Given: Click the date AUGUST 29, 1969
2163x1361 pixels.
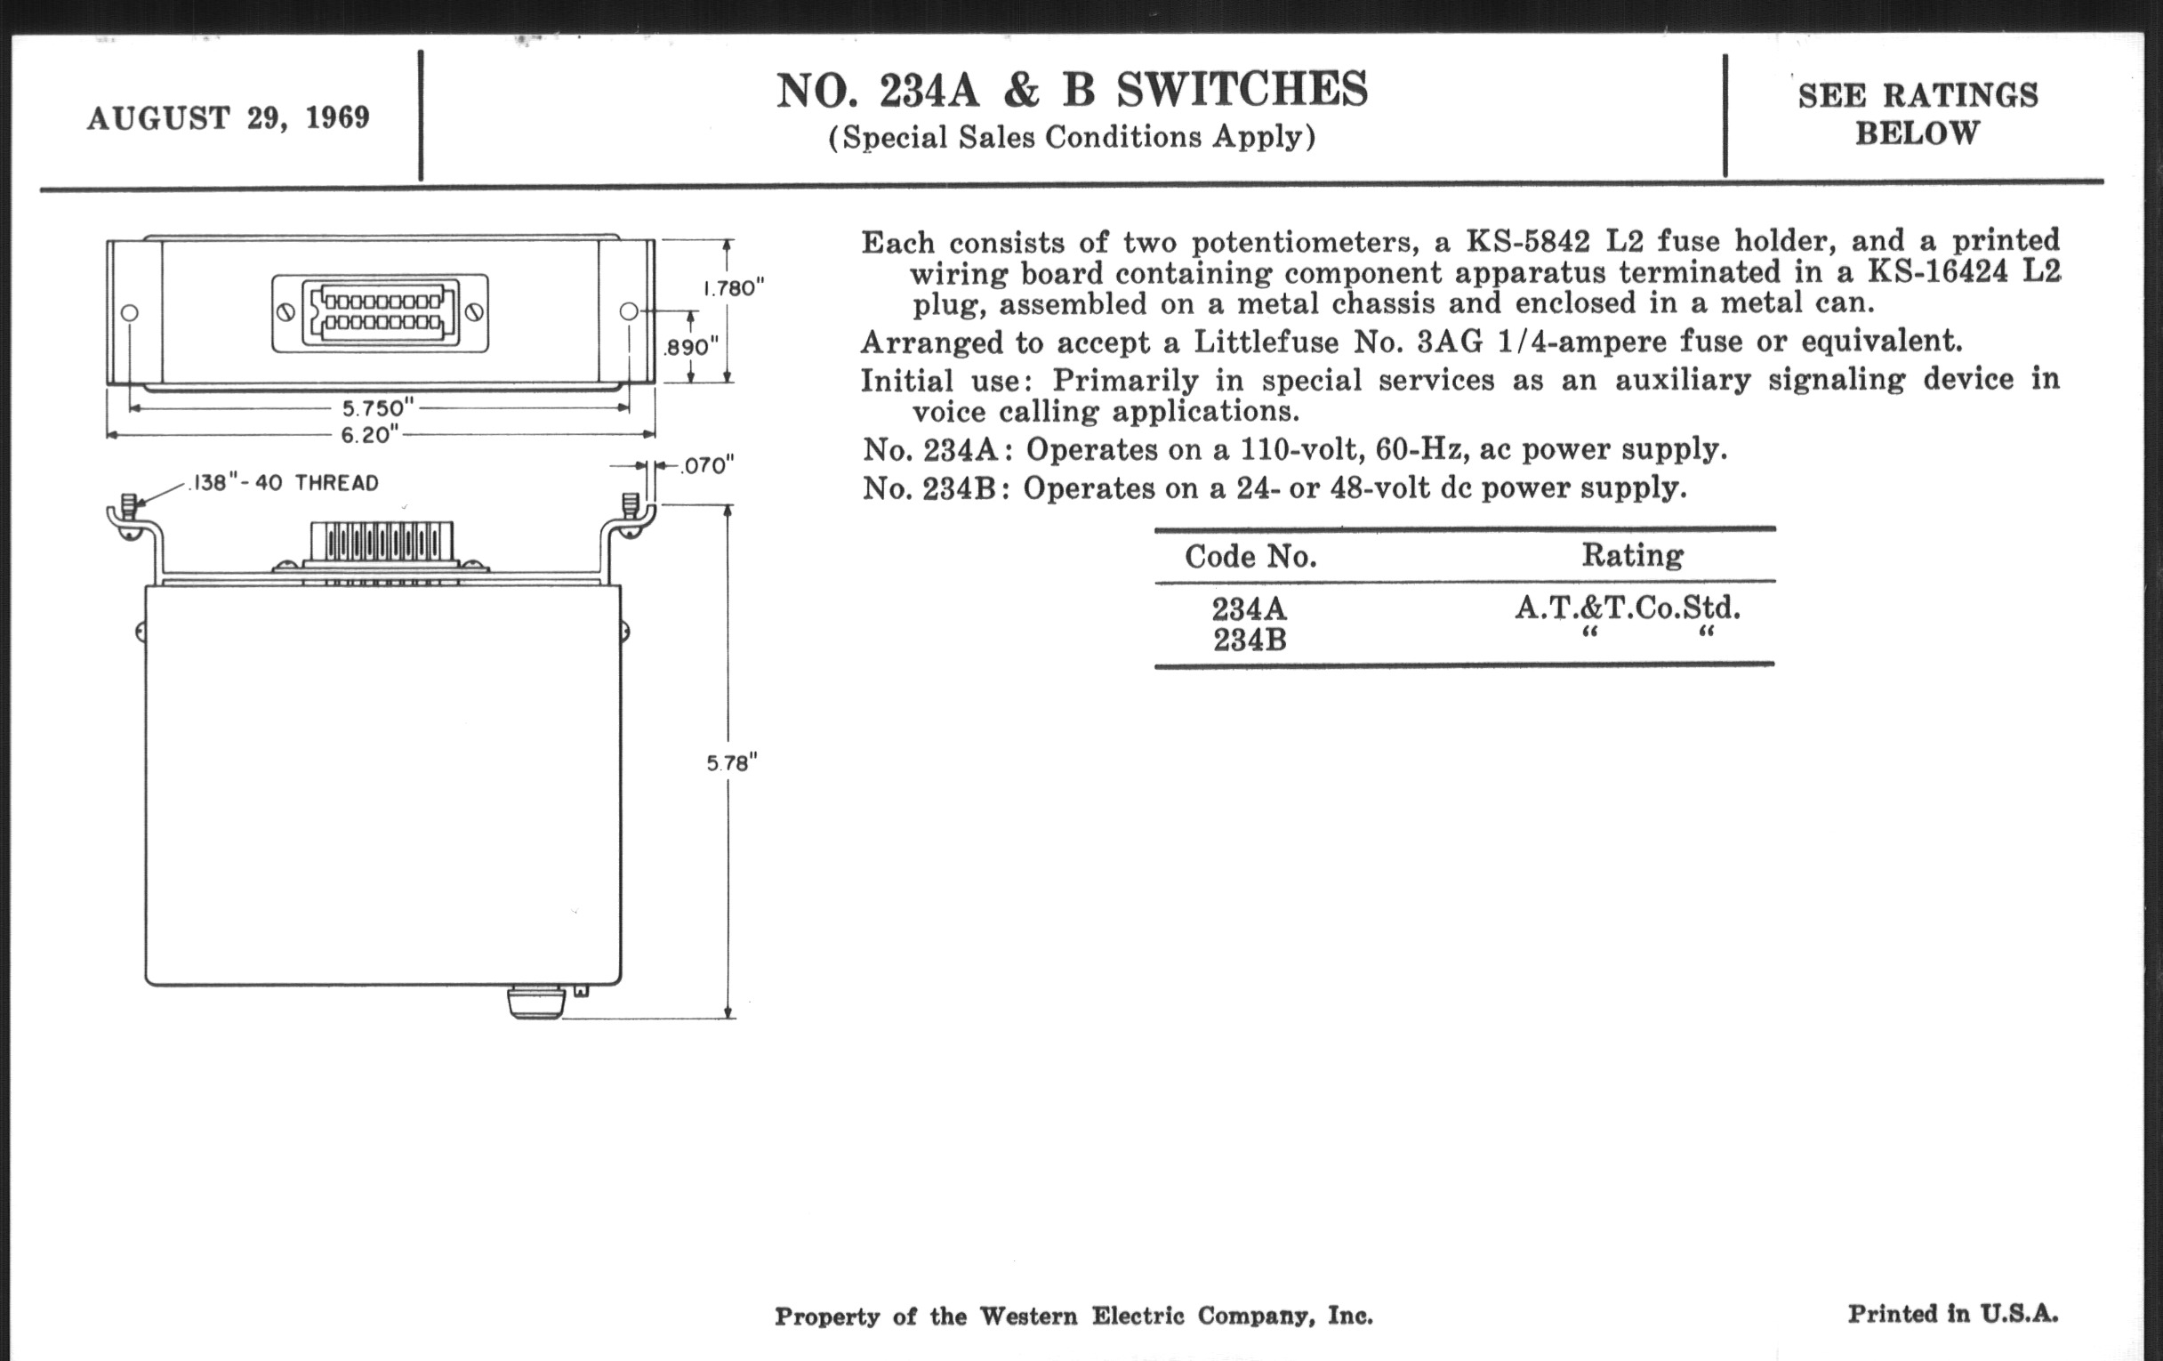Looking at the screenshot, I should click(x=229, y=117).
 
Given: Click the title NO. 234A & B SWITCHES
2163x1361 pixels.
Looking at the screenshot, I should click(x=1071, y=91).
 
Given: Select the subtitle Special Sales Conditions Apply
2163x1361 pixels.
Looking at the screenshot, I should click(x=1071, y=138).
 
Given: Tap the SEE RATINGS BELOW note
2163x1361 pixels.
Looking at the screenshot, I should click(x=1917, y=114).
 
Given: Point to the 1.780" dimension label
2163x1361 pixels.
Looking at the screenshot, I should click(x=733, y=288).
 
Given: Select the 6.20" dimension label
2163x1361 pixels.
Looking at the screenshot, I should click(x=370, y=435).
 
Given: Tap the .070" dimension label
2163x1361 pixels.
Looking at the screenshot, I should click(x=707, y=465).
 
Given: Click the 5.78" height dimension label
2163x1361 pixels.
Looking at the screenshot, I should click(x=731, y=762).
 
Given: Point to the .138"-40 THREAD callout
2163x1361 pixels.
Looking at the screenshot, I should click(x=284, y=483).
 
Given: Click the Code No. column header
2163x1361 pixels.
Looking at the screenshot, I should click(x=1250, y=557).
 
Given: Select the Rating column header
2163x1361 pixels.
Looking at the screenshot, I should click(x=1632, y=555).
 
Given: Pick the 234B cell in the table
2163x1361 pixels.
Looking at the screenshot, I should click(x=1250, y=640).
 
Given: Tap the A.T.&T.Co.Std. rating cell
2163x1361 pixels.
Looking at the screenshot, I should click(x=1627, y=609).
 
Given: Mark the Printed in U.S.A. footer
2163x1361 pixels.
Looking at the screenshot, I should click(x=1952, y=1314).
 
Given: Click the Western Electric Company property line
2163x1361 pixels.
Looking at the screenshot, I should click(x=1073, y=1317).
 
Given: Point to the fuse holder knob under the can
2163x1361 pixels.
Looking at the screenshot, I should click(x=536, y=1003).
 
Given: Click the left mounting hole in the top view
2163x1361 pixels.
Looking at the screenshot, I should click(x=129, y=312).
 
